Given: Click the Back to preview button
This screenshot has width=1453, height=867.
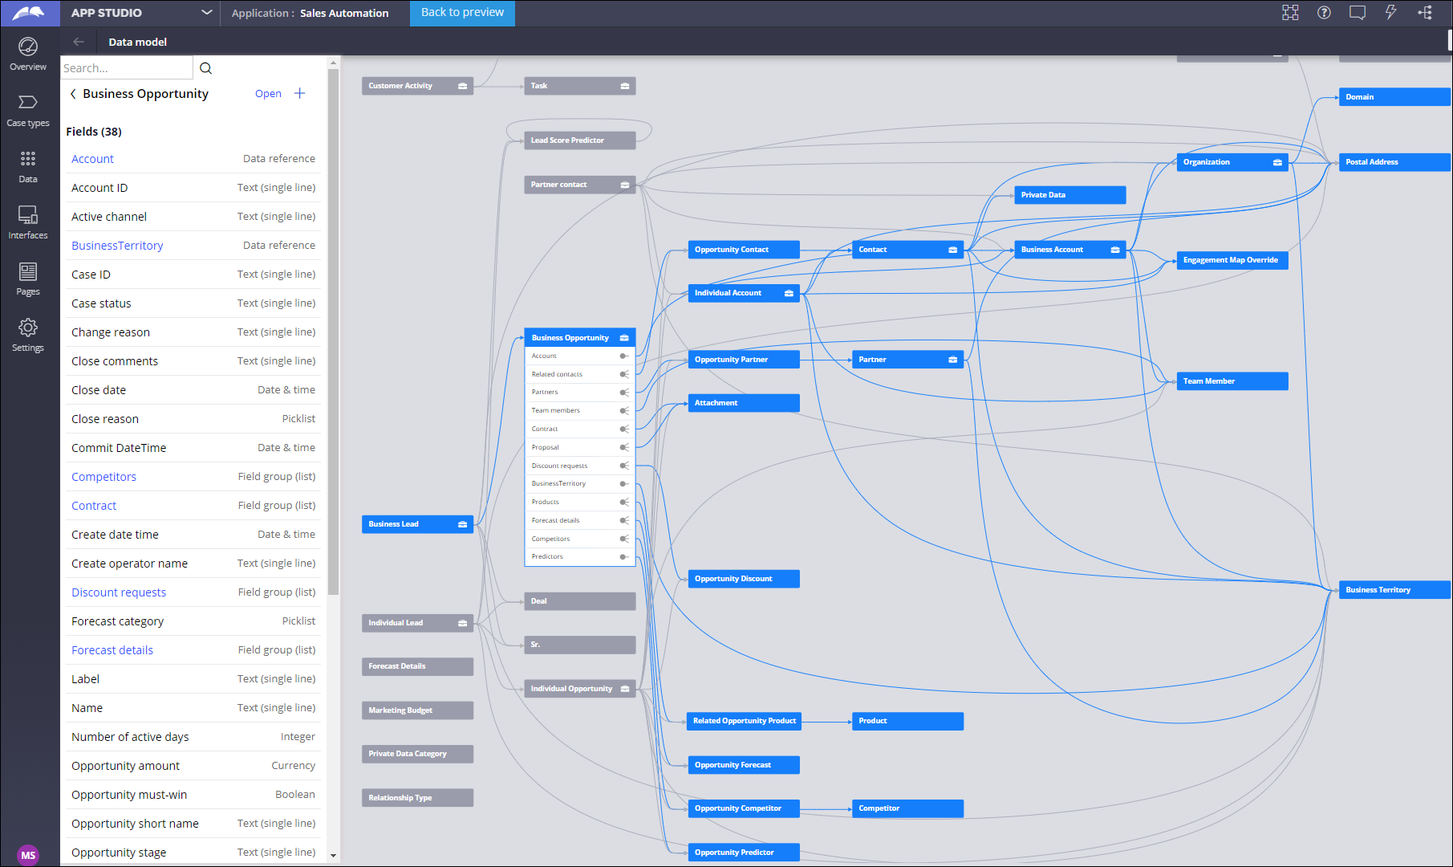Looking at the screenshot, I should tap(462, 13).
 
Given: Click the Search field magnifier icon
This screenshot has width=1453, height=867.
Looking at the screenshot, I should tap(205, 68).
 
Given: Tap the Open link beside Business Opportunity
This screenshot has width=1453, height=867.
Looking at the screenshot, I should tap(268, 94).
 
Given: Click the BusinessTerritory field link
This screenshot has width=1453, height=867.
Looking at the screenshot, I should tap(117, 246).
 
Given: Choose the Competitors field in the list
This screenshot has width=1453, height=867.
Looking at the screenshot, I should tap(103, 477).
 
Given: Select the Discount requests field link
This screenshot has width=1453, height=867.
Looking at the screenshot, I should tap(119, 592).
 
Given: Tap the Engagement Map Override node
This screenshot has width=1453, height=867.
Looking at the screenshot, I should tap(1232, 260).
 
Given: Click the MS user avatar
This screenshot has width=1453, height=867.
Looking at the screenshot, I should tap(28, 855).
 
